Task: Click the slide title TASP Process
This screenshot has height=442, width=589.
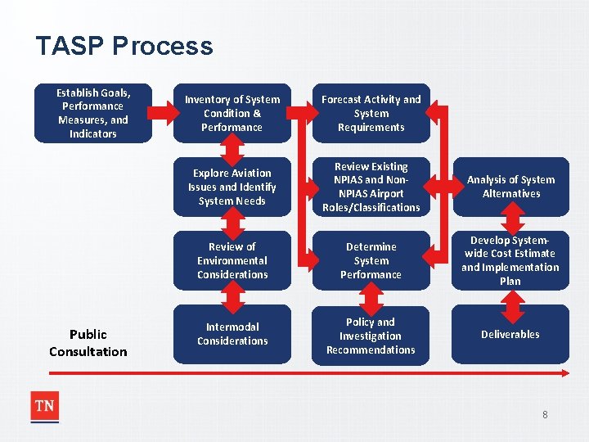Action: (124, 46)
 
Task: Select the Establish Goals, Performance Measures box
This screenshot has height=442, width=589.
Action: (93, 113)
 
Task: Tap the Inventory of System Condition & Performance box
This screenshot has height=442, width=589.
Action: (232, 113)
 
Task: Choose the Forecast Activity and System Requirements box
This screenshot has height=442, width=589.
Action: (371, 113)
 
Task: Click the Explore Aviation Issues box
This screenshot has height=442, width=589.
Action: (232, 187)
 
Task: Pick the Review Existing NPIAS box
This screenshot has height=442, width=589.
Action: (371, 187)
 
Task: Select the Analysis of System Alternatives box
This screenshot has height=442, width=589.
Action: (510, 187)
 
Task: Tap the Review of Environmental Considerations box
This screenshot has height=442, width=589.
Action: (232, 260)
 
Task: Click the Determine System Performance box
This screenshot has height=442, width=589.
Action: (371, 260)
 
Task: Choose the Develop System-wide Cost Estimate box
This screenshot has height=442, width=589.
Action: (510, 260)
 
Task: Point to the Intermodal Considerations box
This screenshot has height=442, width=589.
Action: (232, 334)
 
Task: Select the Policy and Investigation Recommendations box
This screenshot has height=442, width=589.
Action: (371, 336)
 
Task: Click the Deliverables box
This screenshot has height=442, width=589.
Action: (510, 334)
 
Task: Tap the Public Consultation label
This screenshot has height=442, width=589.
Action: (88, 343)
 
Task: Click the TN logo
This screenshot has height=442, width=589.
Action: (44, 407)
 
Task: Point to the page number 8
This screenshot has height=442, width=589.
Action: (545, 415)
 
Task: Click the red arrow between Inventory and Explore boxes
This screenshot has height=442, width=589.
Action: (233, 149)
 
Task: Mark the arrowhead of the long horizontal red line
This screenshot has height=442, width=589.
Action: (564, 373)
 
